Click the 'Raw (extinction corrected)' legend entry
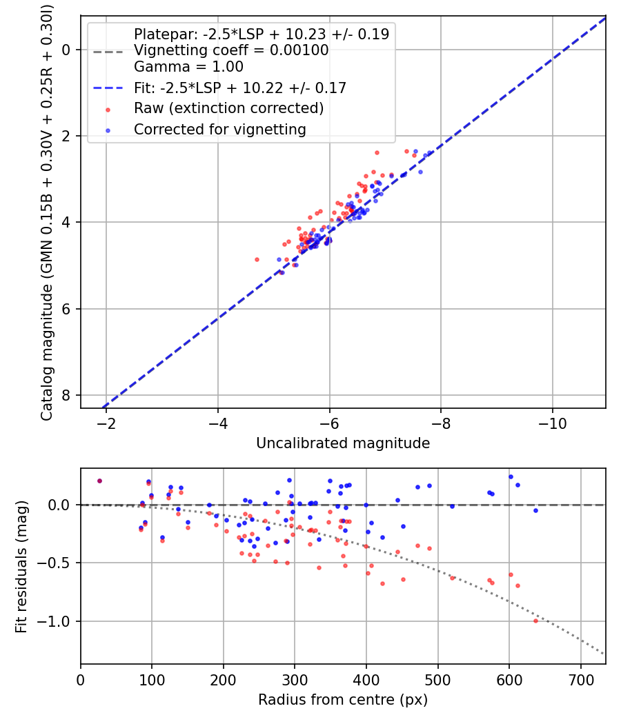click(x=228, y=108)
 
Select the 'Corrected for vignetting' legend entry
click(x=219, y=129)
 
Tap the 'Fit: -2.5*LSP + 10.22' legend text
click(x=239, y=88)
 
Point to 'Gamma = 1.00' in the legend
click(x=188, y=67)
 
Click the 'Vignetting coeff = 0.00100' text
click(x=231, y=50)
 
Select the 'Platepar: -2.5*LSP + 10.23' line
click(x=261, y=34)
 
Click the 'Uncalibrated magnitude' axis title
click(x=343, y=443)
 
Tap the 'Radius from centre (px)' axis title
click(x=343, y=700)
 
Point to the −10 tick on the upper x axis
click(x=552, y=422)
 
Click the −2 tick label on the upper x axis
click(x=106, y=422)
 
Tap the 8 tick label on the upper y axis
click(x=67, y=395)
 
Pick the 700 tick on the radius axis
click(x=580, y=678)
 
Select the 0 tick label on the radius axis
click(x=81, y=678)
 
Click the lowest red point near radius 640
click(x=535, y=621)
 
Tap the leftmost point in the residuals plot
click(x=99, y=481)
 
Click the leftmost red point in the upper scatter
click(x=257, y=259)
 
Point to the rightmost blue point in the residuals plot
click(x=535, y=510)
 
